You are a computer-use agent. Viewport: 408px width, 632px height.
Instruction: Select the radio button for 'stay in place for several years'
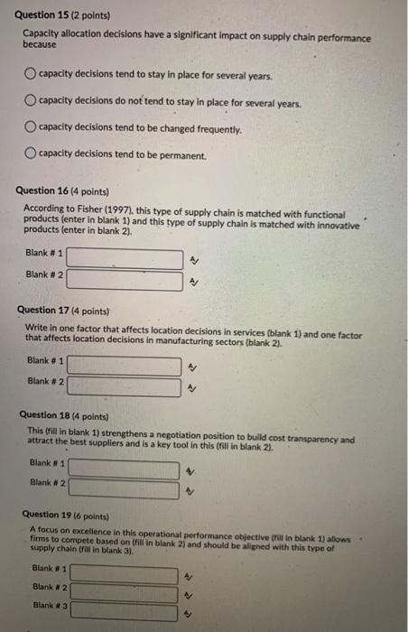click(x=30, y=73)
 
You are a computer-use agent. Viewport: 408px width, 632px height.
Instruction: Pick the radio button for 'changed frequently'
click(x=30, y=128)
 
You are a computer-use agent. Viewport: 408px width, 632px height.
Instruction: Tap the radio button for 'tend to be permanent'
click(x=30, y=154)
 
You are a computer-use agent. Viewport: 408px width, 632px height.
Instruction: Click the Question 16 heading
click(x=62, y=191)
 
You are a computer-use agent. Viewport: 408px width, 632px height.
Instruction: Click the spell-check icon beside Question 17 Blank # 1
click(x=190, y=367)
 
